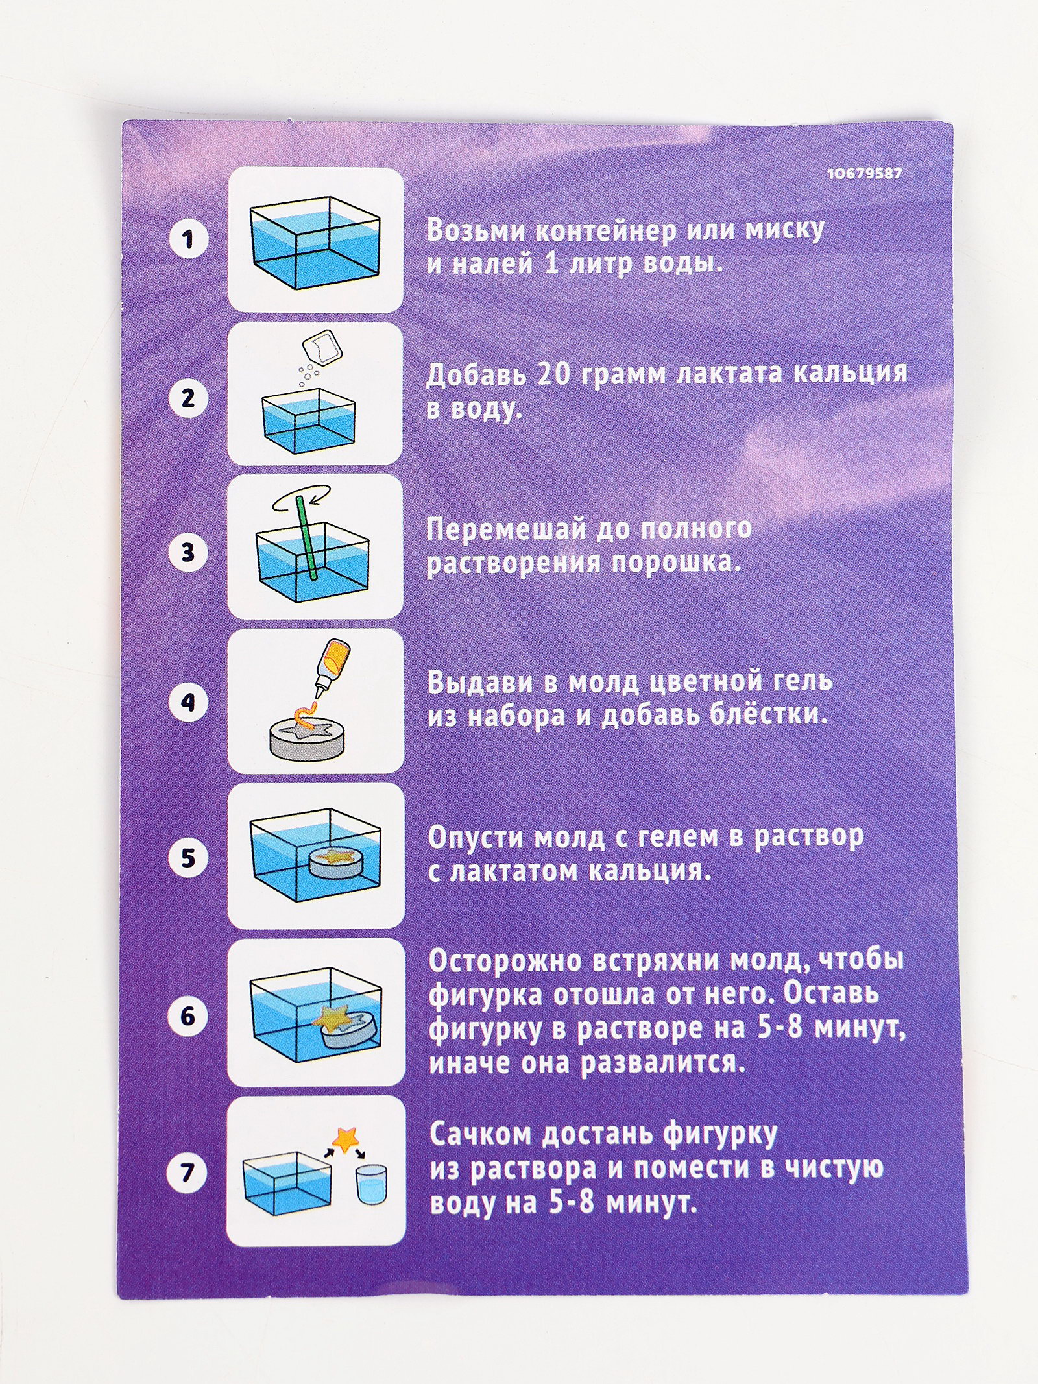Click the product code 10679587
(864, 174)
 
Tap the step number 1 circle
(188, 239)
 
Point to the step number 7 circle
(188, 1172)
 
